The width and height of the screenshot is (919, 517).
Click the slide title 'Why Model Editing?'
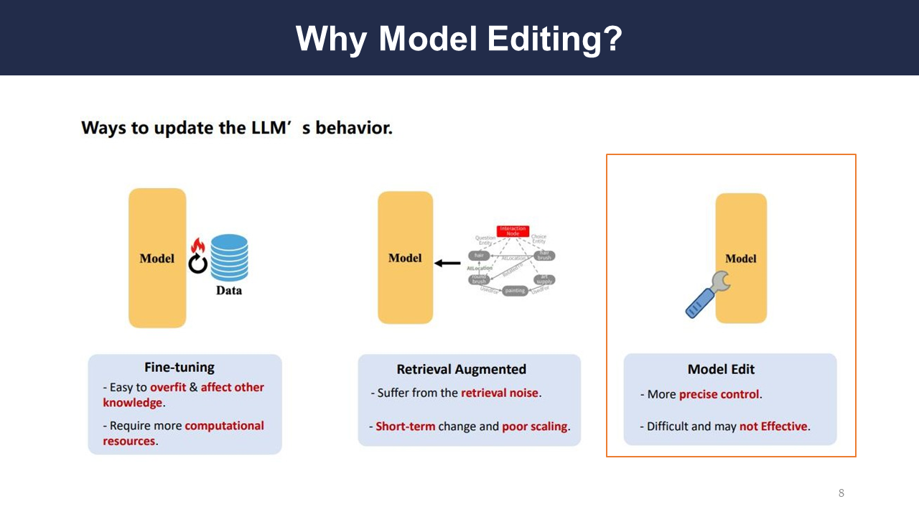[459, 38]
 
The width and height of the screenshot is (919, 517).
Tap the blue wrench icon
[707, 295]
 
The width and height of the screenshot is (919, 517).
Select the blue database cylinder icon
[229, 258]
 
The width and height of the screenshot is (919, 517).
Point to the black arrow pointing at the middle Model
[448, 263]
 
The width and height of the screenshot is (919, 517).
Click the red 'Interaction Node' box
[512, 231]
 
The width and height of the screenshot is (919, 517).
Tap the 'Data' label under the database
[229, 291]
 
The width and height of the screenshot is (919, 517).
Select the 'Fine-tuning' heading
[179, 367]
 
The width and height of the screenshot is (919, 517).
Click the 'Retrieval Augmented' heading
[462, 369]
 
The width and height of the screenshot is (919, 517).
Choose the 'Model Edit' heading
[722, 369]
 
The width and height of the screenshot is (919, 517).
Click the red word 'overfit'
[168, 387]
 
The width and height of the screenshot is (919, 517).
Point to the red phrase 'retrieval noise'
[499, 393]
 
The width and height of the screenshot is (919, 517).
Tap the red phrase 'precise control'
[719, 394]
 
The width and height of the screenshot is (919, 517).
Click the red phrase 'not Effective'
[773, 426]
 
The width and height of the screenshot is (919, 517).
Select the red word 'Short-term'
[405, 426]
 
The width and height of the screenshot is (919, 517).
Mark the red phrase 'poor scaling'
[535, 426]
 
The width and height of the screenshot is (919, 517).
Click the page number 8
[841, 493]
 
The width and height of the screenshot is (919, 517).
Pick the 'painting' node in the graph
[515, 291]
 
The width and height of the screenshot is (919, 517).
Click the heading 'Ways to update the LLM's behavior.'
[237, 128]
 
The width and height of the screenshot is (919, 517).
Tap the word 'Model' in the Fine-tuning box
[157, 258]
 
